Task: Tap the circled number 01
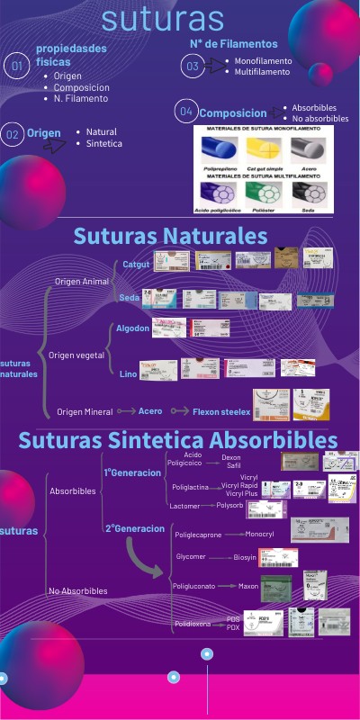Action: click(15, 66)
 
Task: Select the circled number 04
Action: click(186, 112)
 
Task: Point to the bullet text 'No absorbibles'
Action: click(319, 119)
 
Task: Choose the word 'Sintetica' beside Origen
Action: click(104, 143)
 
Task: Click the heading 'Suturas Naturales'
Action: click(170, 236)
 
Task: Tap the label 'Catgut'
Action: click(136, 264)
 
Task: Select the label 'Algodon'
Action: click(132, 328)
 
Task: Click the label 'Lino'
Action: click(128, 373)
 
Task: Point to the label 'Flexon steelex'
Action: click(221, 411)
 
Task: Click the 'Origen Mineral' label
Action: click(85, 411)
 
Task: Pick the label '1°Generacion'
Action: click(132, 472)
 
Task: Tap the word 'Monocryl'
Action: click(259, 534)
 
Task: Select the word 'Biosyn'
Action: click(245, 557)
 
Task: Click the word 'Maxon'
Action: click(247, 586)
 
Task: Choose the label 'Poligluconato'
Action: click(196, 586)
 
